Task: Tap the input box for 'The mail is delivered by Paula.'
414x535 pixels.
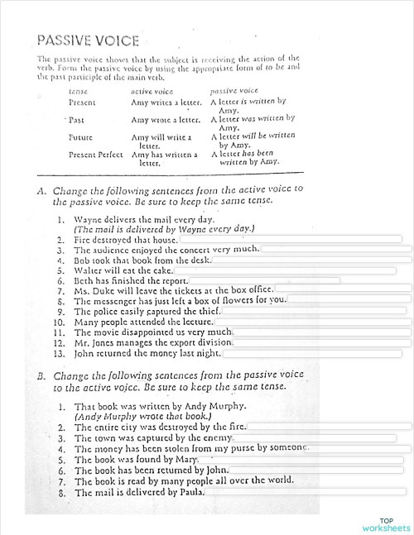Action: (307, 492)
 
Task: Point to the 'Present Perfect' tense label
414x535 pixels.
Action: (95, 154)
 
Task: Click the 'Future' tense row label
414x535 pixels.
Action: (80, 136)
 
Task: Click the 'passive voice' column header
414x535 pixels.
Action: (234, 88)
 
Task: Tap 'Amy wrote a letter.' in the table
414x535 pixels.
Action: (166, 120)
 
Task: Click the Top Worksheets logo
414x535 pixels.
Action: (387, 523)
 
